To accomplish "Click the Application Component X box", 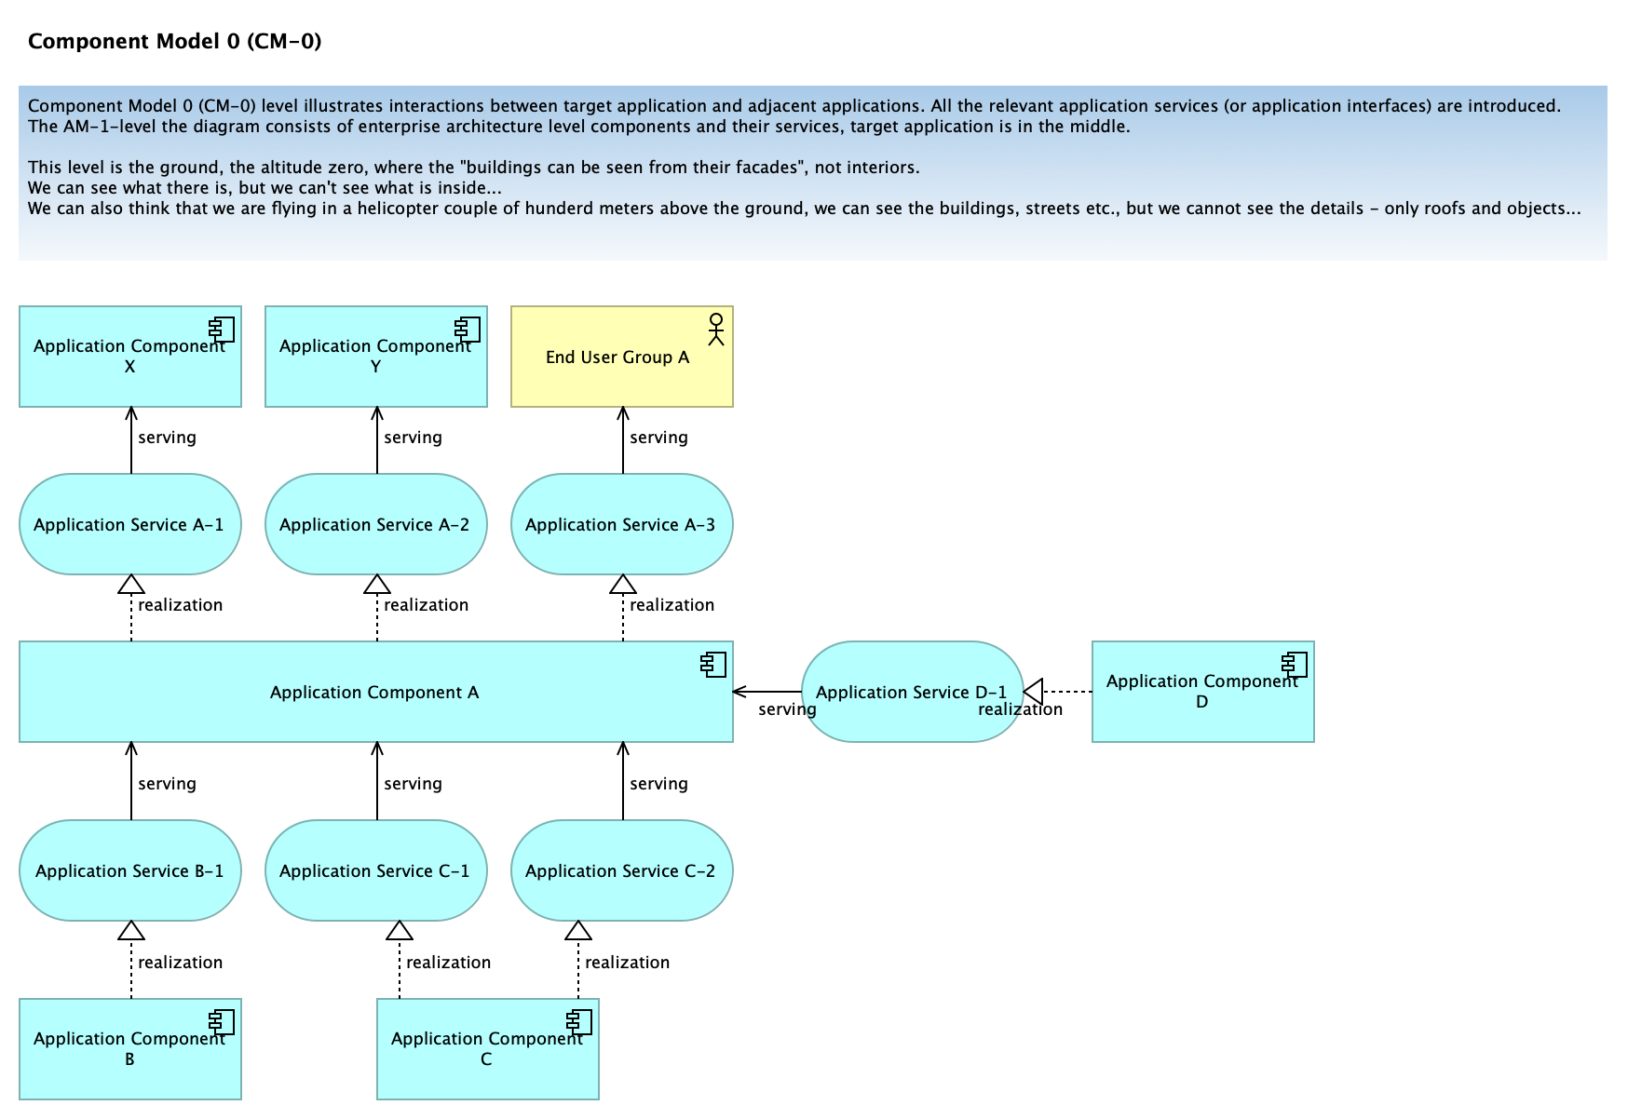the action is coord(130,357).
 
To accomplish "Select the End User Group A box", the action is coord(622,357).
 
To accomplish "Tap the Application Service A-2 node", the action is coord(376,524).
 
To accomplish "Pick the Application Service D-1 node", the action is coord(913,692).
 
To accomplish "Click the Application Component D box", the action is coord(1203,692).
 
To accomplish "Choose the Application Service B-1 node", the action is coord(130,870).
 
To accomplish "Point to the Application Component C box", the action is coord(488,1049).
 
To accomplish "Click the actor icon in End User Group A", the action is coord(715,330).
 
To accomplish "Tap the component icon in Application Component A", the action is coord(713,665).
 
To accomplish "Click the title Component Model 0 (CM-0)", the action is coord(175,41).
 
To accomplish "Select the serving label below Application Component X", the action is coord(167,438).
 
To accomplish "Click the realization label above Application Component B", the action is coord(181,963).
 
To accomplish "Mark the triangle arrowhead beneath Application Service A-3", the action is coord(623,585).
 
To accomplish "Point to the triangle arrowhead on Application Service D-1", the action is coord(1033,692).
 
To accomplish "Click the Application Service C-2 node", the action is coord(622,870).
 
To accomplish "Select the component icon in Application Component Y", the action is coord(468,330).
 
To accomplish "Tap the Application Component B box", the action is coord(130,1049).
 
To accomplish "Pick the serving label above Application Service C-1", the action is coord(413,784).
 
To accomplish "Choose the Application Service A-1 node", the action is coord(130,524).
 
